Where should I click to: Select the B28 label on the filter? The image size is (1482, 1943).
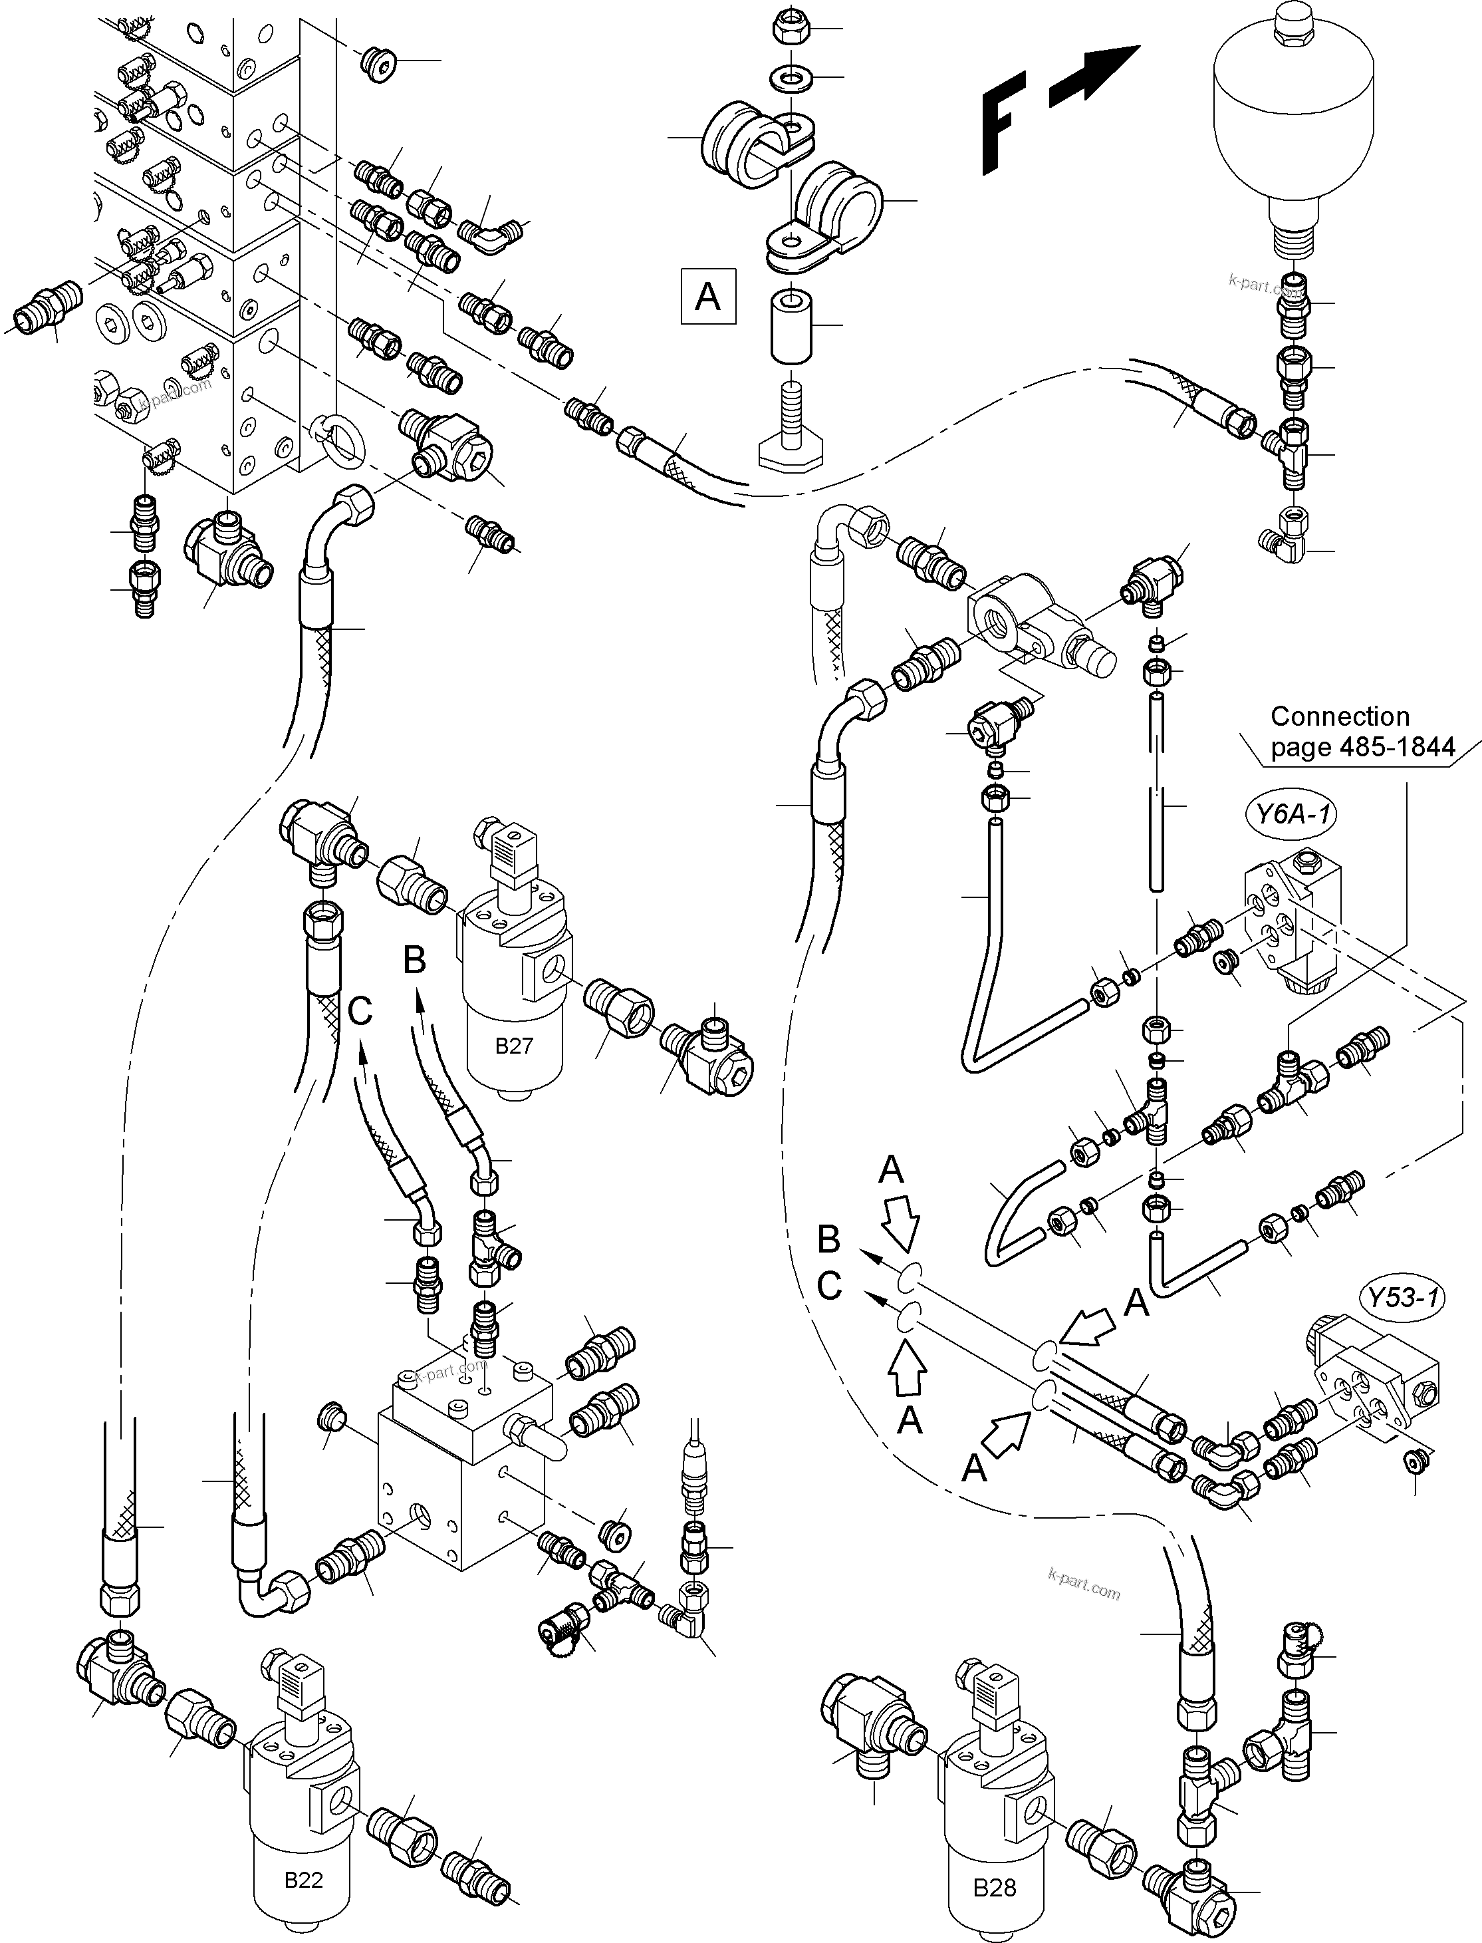tap(994, 1887)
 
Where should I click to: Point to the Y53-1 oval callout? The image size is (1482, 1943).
tap(1404, 1297)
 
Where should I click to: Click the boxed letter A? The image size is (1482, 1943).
tap(708, 297)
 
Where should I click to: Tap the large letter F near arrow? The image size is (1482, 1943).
tap(1004, 122)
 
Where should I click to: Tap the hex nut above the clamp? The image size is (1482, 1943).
tap(788, 29)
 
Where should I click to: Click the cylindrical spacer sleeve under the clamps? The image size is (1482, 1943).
tap(791, 327)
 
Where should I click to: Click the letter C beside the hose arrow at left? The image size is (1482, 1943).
tap(360, 1011)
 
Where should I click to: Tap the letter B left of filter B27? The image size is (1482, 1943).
tap(415, 959)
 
